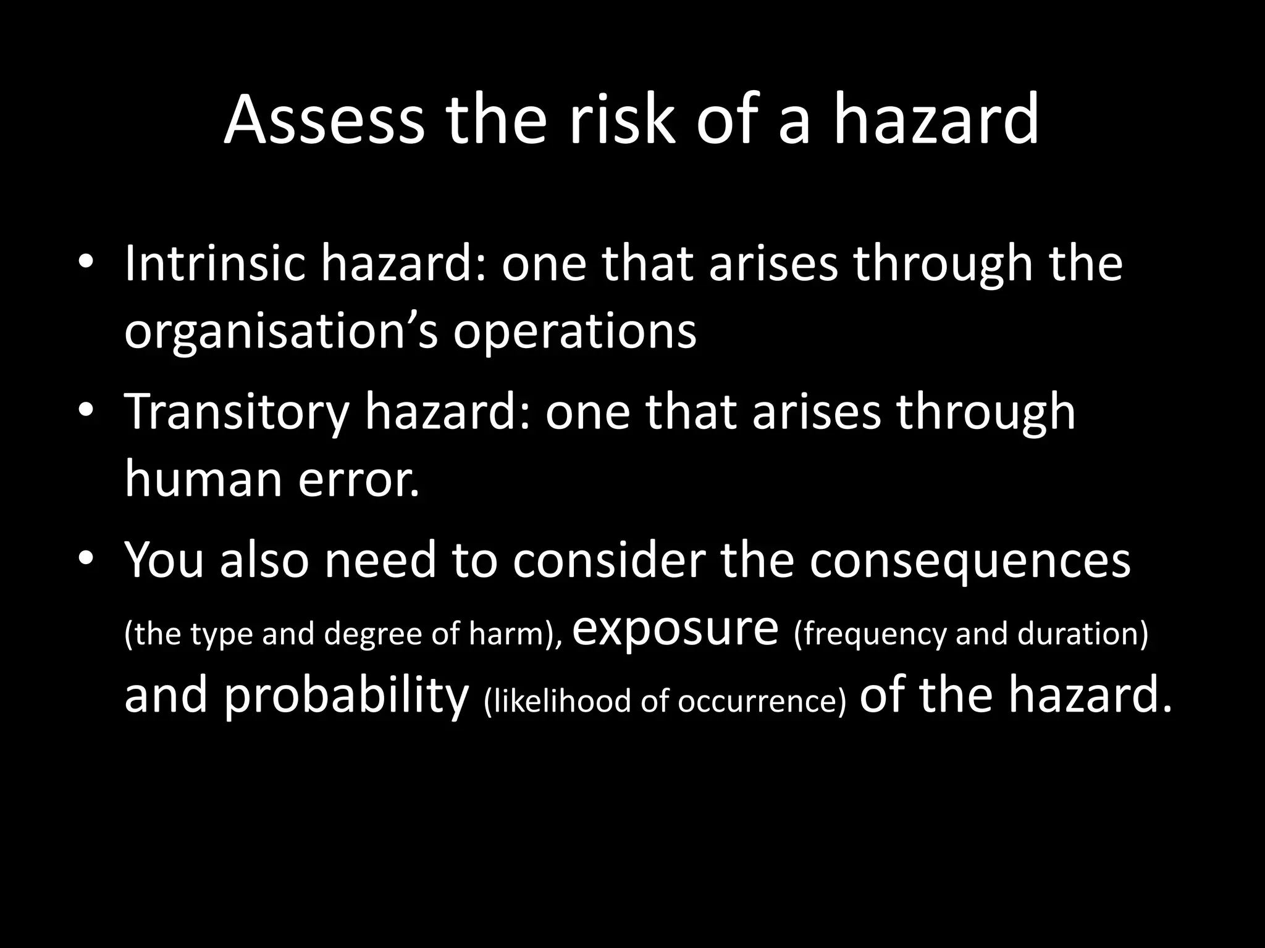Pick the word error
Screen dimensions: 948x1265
[x=358, y=479]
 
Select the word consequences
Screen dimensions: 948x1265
[x=970, y=560]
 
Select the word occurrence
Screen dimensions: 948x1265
[x=761, y=701]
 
